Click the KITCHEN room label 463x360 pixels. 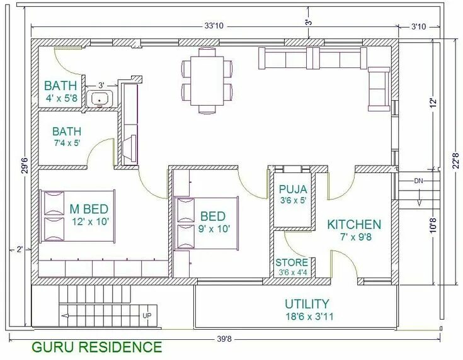tap(354, 225)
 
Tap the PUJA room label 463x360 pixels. tap(293, 189)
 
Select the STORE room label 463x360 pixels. tap(292, 262)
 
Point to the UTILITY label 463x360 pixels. tap(307, 304)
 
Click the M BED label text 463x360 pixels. tap(89, 209)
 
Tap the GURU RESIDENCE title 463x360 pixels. tap(97, 347)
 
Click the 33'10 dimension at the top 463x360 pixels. tap(214, 26)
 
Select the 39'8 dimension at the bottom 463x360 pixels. tap(224, 339)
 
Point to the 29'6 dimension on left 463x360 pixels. tap(26, 166)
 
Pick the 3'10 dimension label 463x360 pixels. tap(419, 27)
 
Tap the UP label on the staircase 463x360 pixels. tap(147, 315)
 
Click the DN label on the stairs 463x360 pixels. tap(418, 181)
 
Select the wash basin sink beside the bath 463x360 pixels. tap(100, 99)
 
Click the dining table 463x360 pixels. tap(207, 81)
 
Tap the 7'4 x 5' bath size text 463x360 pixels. tap(67, 143)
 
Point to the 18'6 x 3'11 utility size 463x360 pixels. tap(309, 317)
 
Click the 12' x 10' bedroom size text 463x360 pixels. tap(91, 222)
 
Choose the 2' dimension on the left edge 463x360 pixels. tap(20, 250)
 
